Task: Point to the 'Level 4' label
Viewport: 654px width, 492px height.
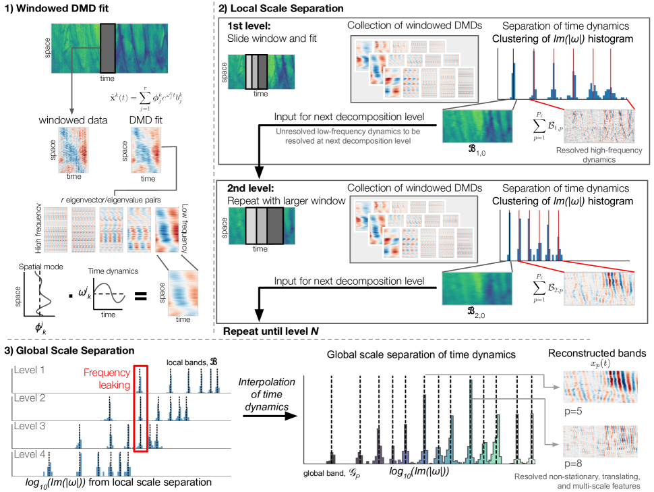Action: [30, 456]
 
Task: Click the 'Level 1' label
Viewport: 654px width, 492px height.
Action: [30, 371]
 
